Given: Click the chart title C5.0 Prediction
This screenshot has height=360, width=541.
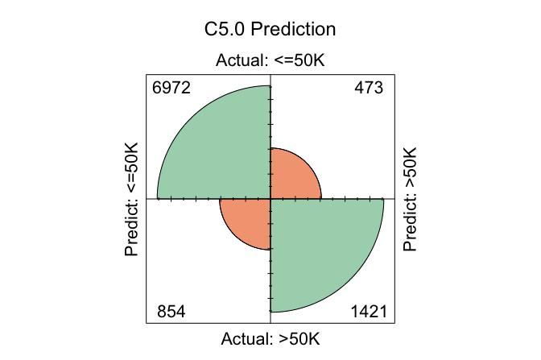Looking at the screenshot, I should click(270, 30).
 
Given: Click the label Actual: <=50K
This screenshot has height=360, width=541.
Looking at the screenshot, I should click(270, 61).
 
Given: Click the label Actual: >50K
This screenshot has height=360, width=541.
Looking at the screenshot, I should click(270, 338).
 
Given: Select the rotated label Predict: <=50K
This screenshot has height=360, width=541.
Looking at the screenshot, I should click(134, 201).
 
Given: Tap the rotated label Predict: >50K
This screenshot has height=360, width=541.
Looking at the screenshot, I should click(411, 199).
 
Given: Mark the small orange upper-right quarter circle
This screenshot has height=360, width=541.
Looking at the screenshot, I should click(290, 178).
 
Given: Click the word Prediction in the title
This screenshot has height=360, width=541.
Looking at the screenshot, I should click(294, 30).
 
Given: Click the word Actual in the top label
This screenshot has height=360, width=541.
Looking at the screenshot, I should click(238, 61).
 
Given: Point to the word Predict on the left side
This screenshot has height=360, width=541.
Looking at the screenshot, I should click(134, 230).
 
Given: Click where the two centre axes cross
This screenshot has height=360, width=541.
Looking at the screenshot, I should click(270, 198).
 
